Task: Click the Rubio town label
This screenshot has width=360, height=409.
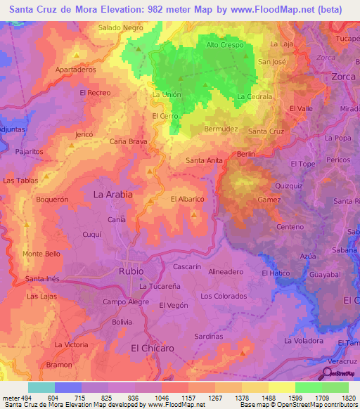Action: [131, 271]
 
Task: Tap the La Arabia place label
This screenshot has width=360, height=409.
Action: [113, 194]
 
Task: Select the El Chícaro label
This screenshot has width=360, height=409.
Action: [153, 348]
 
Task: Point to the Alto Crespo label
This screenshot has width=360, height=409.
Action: [224, 45]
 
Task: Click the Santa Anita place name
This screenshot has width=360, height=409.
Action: [204, 160]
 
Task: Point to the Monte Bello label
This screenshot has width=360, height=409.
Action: [41, 254]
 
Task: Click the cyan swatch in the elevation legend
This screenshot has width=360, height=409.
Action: [41, 387]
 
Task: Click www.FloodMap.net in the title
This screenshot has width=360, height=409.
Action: [272, 10]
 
